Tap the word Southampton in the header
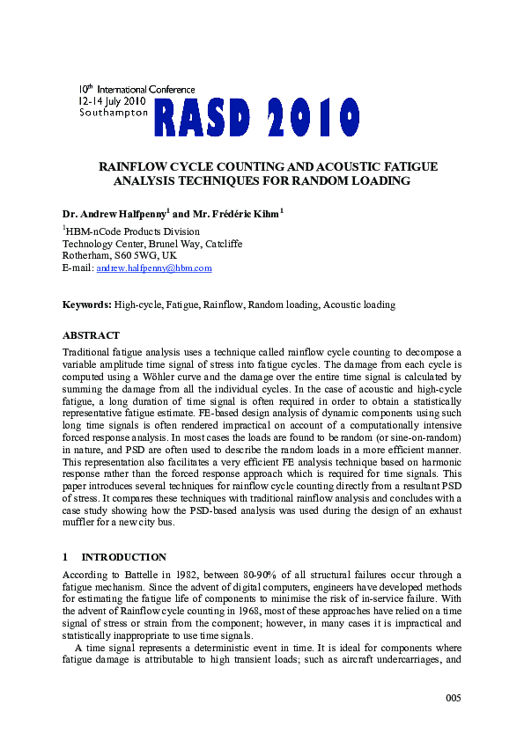pos(114,113)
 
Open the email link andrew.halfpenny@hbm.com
pos(153,268)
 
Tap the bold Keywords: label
pos(86,304)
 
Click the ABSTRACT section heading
pos(91,335)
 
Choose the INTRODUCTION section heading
pos(124,557)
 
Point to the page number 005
pos(452,698)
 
